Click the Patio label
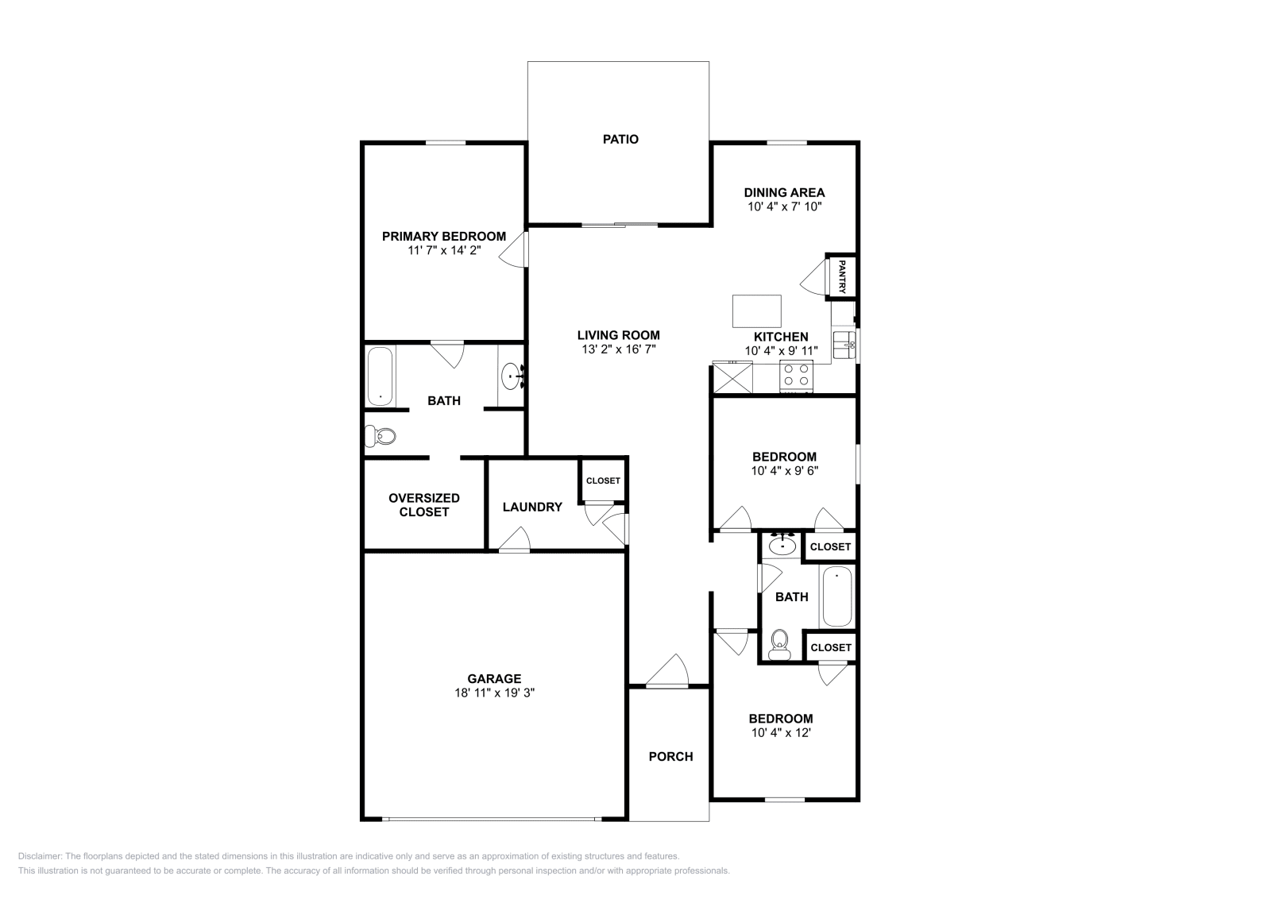click(x=620, y=139)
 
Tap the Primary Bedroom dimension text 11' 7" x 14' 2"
click(x=444, y=251)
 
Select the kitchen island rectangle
click(x=756, y=311)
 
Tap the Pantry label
click(x=841, y=276)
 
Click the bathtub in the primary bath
click(x=380, y=376)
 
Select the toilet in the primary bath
click(x=381, y=435)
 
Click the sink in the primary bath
click(x=512, y=375)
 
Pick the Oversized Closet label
click(x=424, y=505)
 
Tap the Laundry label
click(x=532, y=507)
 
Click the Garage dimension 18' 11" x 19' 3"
click(x=494, y=693)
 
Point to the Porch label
click(x=670, y=756)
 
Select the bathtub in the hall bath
click(x=836, y=596)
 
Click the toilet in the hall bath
click(x=780, y=642)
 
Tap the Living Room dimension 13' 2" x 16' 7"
click(x=618, y=349)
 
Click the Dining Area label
click(x=784, y=192)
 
